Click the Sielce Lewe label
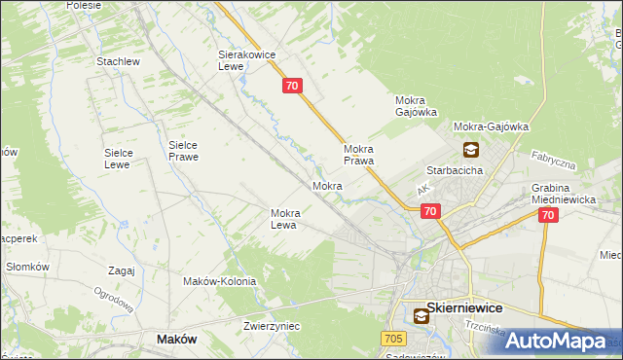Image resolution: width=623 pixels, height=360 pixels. [126, 159]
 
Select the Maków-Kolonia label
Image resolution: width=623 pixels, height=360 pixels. [219, 281]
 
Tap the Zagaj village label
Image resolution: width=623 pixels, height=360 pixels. [122, 270]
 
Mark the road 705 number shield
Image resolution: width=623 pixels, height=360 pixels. [392, 338]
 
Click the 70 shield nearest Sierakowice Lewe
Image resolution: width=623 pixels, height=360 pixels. [293, 87]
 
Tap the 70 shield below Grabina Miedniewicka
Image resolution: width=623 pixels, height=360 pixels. [548, 217]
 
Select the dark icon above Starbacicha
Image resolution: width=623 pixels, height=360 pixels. [470, 149]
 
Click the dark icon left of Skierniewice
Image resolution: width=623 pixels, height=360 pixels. [421, 315]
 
